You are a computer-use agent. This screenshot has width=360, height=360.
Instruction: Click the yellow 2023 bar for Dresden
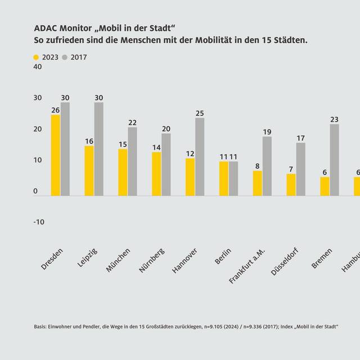(x=56, y=155)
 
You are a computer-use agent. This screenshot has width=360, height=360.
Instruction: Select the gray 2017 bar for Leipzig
(x=99, y=149)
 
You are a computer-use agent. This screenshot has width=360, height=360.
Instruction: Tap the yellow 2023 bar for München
(x=123, y=172)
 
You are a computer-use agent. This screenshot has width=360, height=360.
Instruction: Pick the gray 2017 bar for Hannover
(x=200, y=157)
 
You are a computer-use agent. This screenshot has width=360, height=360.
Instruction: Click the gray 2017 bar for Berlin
(x=233, y=178)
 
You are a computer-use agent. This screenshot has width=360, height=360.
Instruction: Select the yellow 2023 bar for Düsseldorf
(x=291, y=184)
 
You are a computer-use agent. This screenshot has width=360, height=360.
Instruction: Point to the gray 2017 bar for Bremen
(x=334, y=160)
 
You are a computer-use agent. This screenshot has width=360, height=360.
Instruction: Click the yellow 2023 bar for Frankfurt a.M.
(x=257, y=183)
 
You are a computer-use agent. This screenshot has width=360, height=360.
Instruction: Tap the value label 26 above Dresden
(x=56, y=110)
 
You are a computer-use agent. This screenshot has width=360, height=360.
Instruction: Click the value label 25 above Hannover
(x=200, y=114)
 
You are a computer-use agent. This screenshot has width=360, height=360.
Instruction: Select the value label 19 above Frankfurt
(x=267, y=132)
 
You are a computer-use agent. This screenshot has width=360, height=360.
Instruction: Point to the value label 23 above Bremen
(x=334, y=120)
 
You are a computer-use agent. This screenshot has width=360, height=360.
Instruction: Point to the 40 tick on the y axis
(x=38, y=67)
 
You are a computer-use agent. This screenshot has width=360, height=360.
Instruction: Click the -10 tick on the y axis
(x=38, y=222)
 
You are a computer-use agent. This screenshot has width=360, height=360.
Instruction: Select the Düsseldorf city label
(x=286, y=262)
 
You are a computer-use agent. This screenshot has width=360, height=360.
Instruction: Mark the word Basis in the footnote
(x=40, y=327)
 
